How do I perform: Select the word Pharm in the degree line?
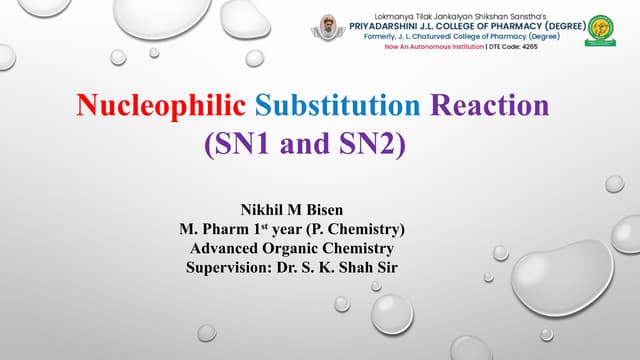coord(230,230)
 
